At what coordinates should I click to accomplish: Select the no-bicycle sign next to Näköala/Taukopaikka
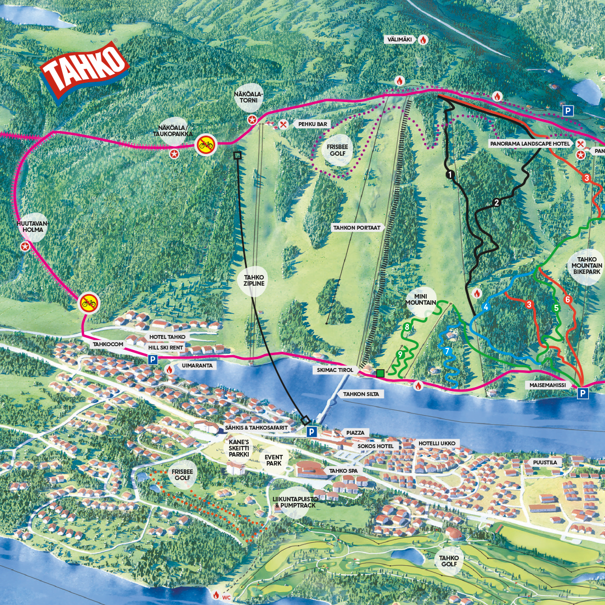click(x=206, y=146)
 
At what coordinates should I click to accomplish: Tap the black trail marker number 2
click(x=496, y=203)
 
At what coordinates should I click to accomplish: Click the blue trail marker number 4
click(x=486, y=307)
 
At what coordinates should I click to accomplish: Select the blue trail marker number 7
click(x=447, y=351)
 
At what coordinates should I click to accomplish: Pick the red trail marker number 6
click(x=567, y=300)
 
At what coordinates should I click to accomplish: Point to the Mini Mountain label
click(x=421, y=299)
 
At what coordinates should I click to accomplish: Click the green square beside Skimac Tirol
click(x=380, y=373)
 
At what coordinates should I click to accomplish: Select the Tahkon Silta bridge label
click(x=361, y=394)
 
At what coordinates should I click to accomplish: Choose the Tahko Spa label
click(x=343, y=471)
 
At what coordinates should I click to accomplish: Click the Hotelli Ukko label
click(x=436, y=444)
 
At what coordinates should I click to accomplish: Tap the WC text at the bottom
click(x=226, y=597)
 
